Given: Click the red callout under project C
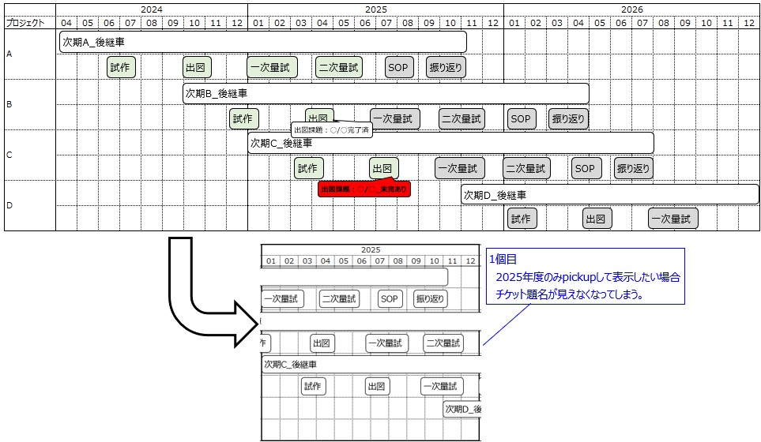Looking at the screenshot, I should point(364,189).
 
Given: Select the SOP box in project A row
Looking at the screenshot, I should point(398,68).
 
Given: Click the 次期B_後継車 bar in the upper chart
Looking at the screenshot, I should point(386,93).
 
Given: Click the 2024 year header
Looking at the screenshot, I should point(152,9).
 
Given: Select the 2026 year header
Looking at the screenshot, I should point(631,9).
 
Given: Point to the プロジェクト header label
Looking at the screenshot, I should point(25,23).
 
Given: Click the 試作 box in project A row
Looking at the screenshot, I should point(121,68).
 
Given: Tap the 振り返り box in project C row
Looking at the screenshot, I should point(633,168).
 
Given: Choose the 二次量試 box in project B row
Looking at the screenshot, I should point(461,118).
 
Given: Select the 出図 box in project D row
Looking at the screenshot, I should point(598,219).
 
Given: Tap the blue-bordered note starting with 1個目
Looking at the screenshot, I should point(584,276).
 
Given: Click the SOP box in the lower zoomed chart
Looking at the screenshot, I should point(389,299).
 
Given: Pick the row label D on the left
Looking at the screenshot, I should point(9,206).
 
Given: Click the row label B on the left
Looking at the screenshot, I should point(9,104).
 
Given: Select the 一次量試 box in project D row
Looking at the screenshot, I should point(672,219).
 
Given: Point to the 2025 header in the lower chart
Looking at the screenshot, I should point(371,249).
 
